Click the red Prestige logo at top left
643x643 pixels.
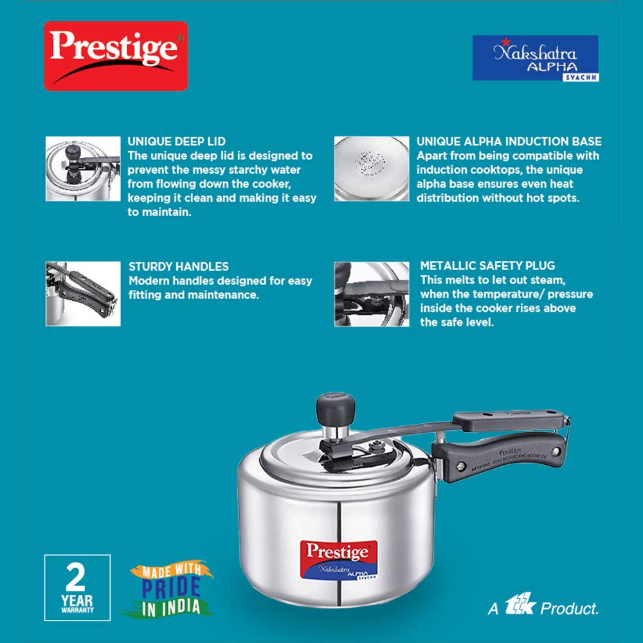116,56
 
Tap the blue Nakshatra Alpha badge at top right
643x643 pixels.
536,58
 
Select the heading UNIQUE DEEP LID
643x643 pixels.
176,141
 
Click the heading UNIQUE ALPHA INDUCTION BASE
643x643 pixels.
509,141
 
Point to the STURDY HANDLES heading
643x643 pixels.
178,267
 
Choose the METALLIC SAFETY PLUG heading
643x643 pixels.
487,266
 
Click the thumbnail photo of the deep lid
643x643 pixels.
83,168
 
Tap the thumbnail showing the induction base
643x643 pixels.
372,168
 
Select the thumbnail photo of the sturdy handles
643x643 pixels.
83,294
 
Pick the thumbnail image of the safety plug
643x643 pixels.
372,294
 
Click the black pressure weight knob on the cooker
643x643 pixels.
335,409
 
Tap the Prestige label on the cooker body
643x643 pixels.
339,560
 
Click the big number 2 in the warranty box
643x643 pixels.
76,577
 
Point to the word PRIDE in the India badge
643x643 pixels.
171,587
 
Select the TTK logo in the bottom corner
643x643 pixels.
520,604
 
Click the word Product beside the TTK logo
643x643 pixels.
569,608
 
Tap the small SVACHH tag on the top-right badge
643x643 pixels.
581,78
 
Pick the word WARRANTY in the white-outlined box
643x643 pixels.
78,610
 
